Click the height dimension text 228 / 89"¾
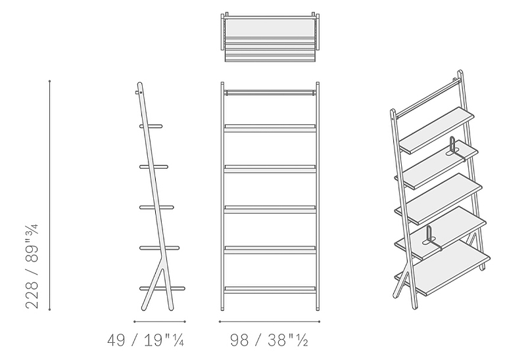point(32,267)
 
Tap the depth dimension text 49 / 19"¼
point(145,340)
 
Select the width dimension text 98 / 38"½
point(269,340)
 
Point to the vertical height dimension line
point(50,195)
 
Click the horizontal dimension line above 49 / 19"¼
point(160,321)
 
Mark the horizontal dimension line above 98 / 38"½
point(270,321)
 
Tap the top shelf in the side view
point(151,126)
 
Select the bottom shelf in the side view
point(162,288)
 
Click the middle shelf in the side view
point(156,208)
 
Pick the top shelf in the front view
point(270,128)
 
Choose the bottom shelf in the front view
point(270,290)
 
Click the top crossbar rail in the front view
point(270,93)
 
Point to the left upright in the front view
point(222,196)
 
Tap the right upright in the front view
point(318,196)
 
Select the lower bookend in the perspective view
point(431,238)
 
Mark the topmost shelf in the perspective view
point(437,130)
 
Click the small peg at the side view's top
point(138,92)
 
